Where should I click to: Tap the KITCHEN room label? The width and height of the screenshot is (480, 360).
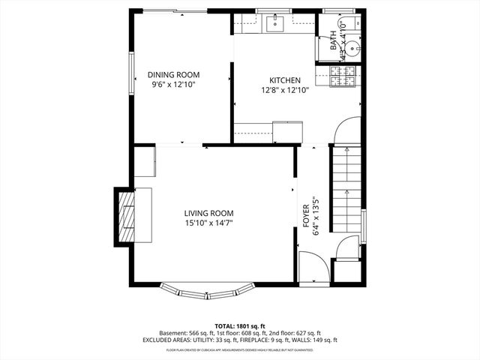[285, 80]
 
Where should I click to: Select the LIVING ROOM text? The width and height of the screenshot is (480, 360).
[209, 212]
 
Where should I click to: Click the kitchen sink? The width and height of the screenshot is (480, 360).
[274, 23]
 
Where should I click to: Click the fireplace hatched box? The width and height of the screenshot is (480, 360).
[125, 216]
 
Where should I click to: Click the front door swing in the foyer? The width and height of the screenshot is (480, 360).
[310, 266]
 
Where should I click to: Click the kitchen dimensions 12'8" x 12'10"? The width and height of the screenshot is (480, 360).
[285, 90]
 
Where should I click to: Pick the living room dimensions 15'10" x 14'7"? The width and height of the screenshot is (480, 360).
[209, 222]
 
